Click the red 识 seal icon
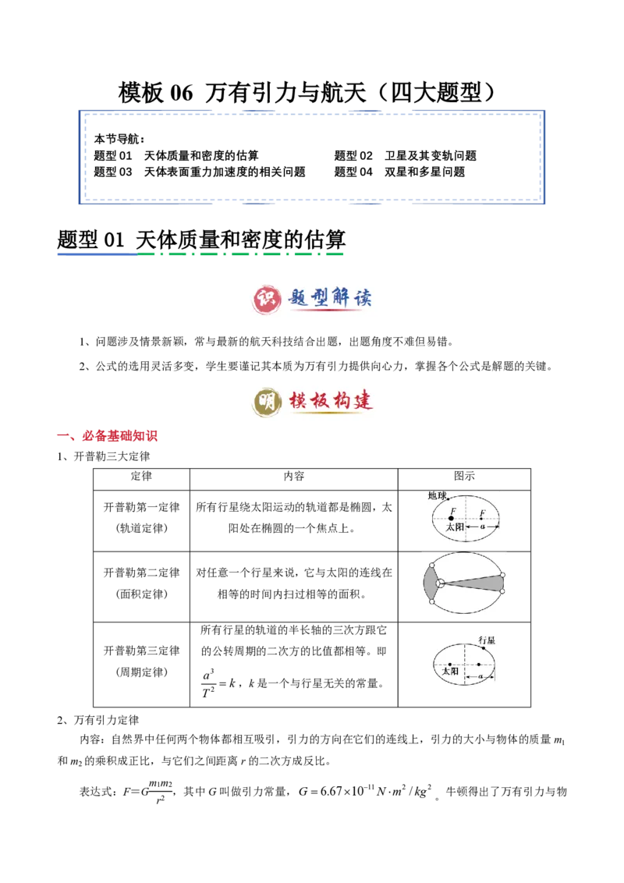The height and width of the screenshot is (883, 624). pyautogui.click(x=265, y=296)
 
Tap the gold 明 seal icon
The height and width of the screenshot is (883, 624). pyautogui.click(x=265, y=402)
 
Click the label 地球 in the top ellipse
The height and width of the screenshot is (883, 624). pyautogui.click(x=438, y=495)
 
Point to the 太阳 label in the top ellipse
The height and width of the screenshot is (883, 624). pyautogui.click(x=456, y=527)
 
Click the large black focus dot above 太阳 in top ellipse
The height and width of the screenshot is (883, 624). pyautogui.click(x=452, y=518)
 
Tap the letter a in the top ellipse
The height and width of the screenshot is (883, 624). pyautogui.click(x=483, y=527)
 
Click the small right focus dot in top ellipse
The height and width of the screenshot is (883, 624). pyautogui.click(x=482, y=518)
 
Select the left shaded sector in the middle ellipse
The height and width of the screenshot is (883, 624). pyautogui.click(x=431, y=583)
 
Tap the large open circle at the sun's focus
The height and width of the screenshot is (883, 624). pyautogui.click(x=441, y=583)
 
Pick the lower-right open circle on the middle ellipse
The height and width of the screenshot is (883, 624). pyautogui.click(x=502, y=591)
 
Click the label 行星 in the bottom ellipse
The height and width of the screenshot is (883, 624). pyautogui.click(x=487, y=640)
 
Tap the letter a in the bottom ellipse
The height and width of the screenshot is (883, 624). pyautogui.click(x=480, y=676)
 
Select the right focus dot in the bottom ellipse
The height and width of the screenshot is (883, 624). pyautogui.click(x=479, y=665)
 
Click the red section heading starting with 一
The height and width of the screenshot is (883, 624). pyautogui.click(x=109, y=437)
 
